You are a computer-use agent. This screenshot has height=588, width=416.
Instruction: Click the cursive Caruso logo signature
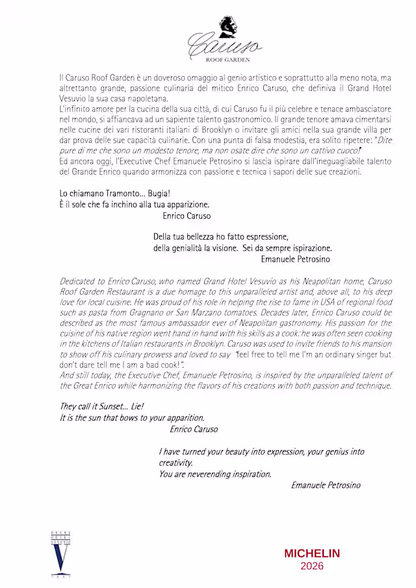[x=224, y=46]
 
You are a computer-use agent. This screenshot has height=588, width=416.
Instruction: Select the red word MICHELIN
[x=312, y=554]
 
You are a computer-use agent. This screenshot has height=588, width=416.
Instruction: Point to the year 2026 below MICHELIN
[x=312, y=566]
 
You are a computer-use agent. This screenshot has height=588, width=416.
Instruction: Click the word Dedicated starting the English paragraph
[x=80, y=281]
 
